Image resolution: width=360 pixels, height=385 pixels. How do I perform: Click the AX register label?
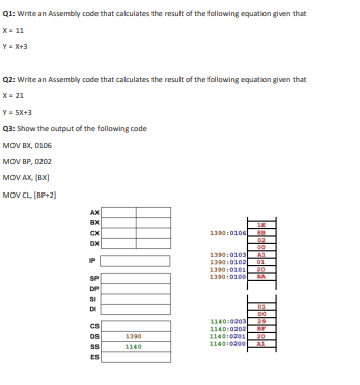[x=94, y=211]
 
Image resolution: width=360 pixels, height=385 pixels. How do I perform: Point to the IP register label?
[x=95, y=259]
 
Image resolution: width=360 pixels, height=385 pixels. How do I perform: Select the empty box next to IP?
[x=133, y=259]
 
